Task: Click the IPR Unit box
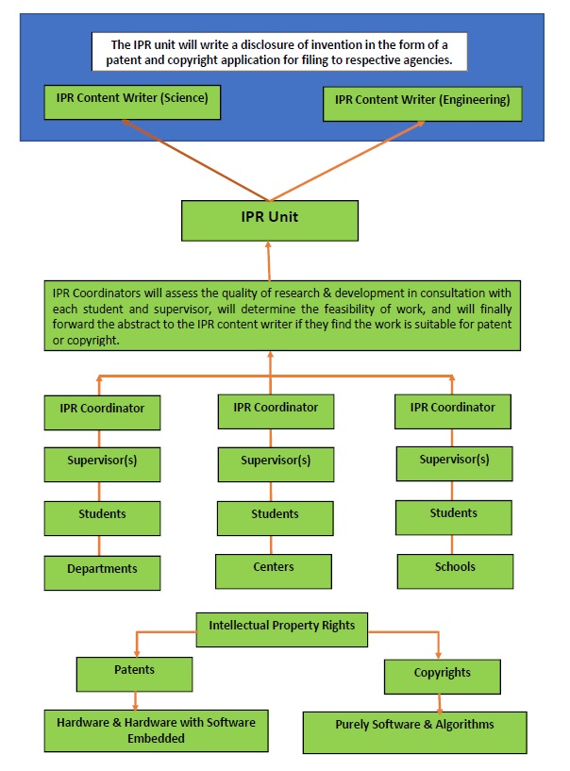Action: point(269,220)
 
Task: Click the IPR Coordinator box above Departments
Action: point(102,411)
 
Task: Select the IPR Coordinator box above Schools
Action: point(453,411)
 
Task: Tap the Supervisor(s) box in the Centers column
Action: point(275,463)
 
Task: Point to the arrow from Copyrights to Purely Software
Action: point(440,703)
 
